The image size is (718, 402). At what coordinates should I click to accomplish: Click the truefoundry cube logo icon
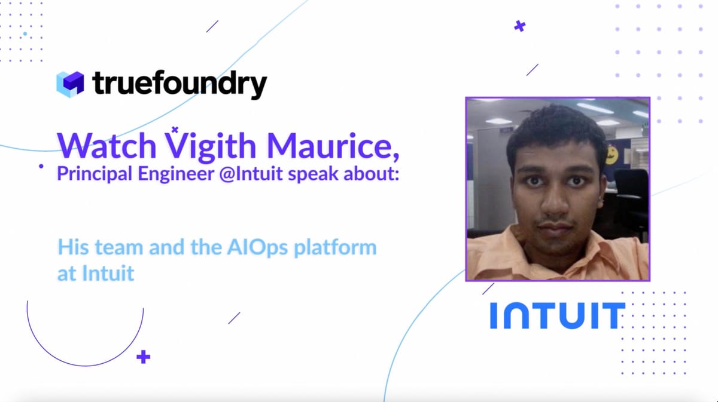pyautogui.click(x=70, y=84)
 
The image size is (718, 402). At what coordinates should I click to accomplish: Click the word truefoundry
pyautogui.click(x=180, y=84)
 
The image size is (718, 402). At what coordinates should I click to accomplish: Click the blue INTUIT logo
pyautogui.click(x=557, y=315)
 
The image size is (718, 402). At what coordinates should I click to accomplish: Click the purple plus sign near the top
pyautogui.click(x=519, y=26)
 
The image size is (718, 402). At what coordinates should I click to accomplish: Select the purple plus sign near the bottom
pyautogui.click(x=143, y=357)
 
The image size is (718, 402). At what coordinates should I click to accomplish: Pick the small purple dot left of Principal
pyautogui.click(x=41, y=168)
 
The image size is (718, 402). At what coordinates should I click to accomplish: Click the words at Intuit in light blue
pyautogui.click(x=96, y=274)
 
